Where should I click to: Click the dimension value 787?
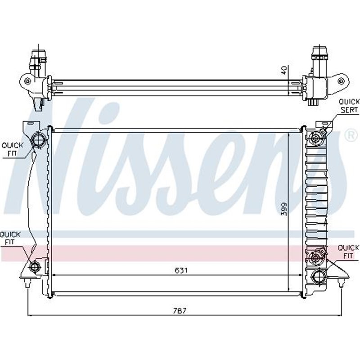pos(180,310)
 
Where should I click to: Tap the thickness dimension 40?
pos(283,71)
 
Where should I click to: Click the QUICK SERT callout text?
pos(349,106)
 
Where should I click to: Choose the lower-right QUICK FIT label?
pos(348,251)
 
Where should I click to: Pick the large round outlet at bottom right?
pos(319,275)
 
